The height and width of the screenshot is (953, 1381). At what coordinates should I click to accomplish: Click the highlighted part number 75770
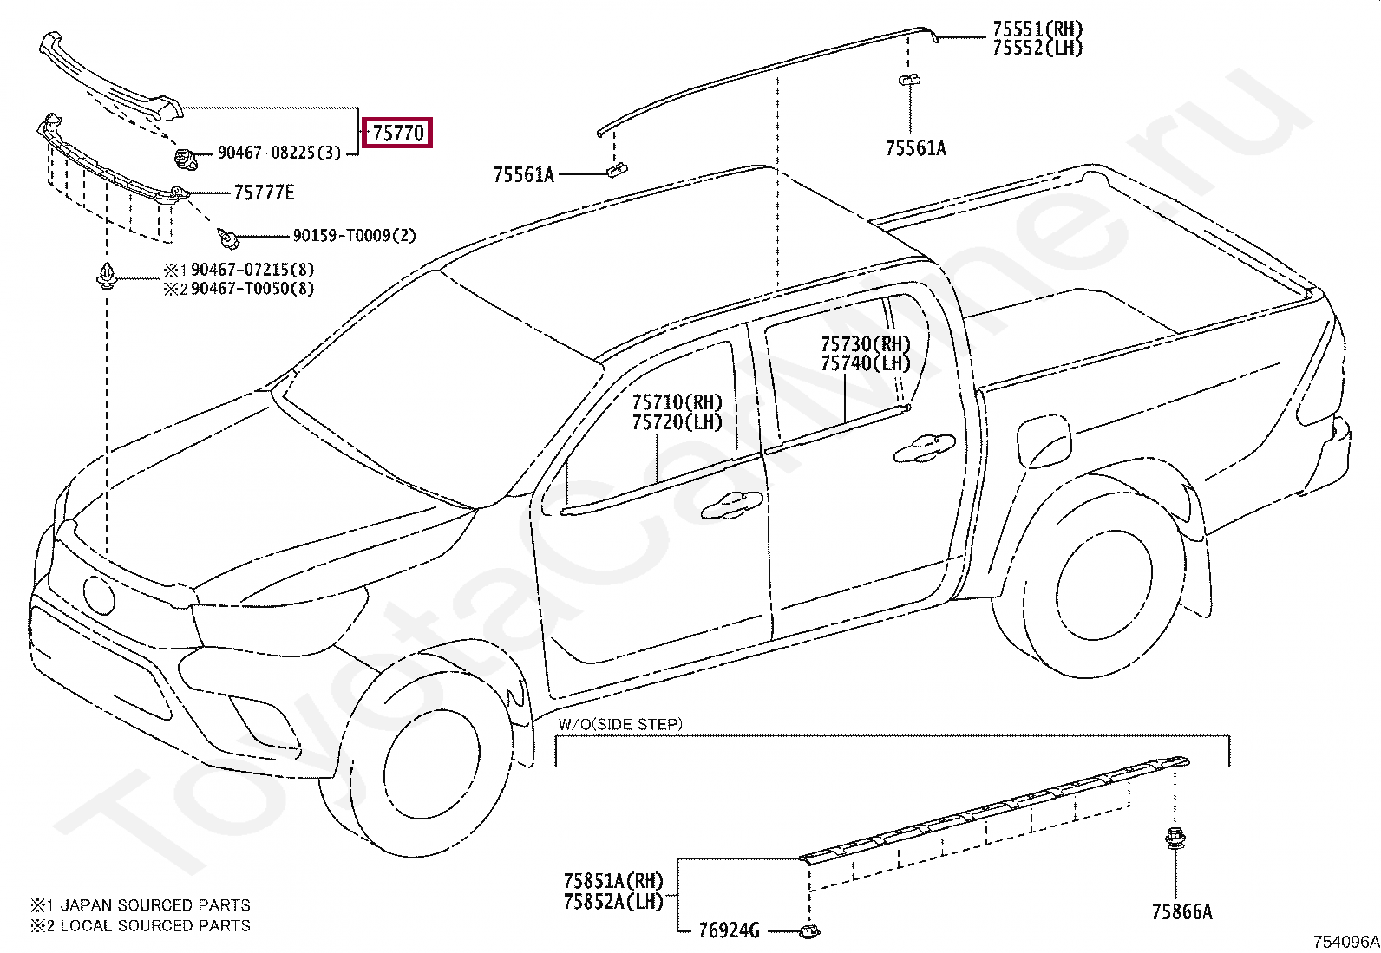click(x=397, y=134)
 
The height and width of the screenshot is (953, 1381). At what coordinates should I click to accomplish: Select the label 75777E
click(x=265, y=193)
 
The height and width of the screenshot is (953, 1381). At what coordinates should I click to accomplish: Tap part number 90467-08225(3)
click(x=279, y=153)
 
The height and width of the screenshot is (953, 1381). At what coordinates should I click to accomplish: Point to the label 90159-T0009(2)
click(x=354, y=236)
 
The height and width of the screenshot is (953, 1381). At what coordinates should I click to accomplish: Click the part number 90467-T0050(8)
click(x=252, y=289)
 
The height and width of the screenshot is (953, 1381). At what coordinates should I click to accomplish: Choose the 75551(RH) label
click(x=1037, y=29)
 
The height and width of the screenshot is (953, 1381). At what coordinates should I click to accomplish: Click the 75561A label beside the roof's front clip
click(x=523, y=175)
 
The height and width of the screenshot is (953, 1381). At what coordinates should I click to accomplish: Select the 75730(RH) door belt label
click(x=866, y=344)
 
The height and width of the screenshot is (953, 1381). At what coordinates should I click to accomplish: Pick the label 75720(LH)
click(x=677, y=422)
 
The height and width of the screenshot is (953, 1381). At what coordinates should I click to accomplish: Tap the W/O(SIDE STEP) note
click(x=620, y=724)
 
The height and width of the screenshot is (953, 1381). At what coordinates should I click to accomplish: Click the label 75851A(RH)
click(x=612, y=882)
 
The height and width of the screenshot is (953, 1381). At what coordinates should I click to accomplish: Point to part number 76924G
click(x=729, y=931)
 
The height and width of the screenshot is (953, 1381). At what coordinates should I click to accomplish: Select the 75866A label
click(x=1181, y=912)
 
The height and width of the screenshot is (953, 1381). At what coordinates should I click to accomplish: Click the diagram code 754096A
click(x=1345, y=942)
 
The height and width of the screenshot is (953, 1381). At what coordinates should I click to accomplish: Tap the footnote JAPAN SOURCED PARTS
click(x=154, y=905)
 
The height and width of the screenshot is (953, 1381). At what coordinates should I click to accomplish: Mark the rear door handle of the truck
click(x=924, y=447)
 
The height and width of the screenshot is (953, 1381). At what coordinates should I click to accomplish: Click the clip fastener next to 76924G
click(x=808, y=931)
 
